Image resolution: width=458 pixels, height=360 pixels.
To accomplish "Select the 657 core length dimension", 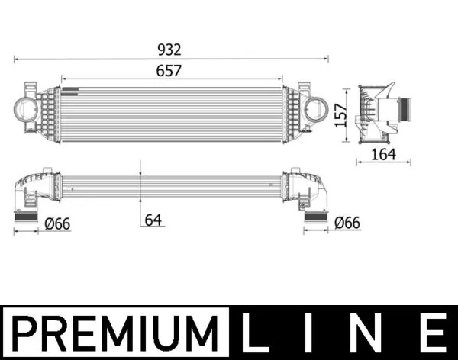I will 171,69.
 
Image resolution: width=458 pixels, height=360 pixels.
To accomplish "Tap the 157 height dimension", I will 341,115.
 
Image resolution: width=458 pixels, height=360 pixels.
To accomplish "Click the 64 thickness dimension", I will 154,220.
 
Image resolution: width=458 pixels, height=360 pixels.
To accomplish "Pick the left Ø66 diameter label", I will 59,223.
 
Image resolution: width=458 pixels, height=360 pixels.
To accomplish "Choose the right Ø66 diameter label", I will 347,223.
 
